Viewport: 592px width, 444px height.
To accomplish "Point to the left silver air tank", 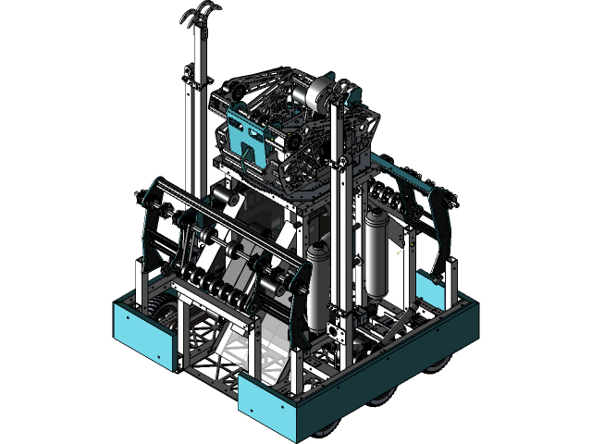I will click(318, 282).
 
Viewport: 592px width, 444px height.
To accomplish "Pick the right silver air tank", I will click(376, 250).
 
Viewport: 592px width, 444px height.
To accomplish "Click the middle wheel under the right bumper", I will click(381, 398).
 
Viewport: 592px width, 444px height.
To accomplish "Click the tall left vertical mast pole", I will click(195, 120).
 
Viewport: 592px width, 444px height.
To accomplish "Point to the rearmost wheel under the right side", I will click(435, 364).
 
